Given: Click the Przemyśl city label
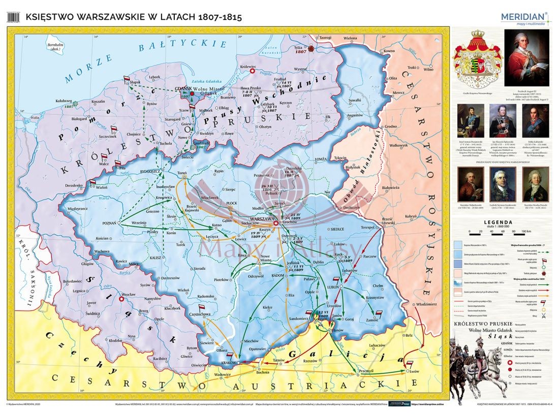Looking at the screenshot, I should point(366,371).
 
